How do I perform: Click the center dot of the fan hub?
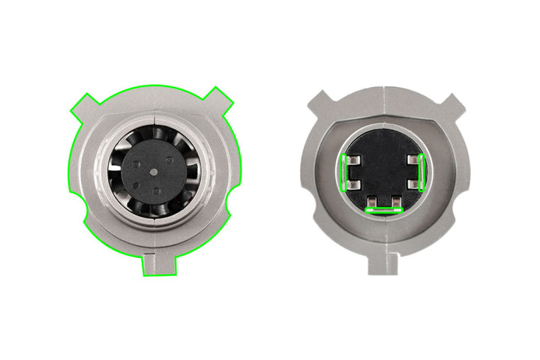coord(154,171)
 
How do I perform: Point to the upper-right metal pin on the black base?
coord(413,159)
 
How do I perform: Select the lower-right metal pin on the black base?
coord(413,184)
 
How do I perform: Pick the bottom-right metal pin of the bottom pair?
coord(395,202)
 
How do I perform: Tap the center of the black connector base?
coord(382,169)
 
